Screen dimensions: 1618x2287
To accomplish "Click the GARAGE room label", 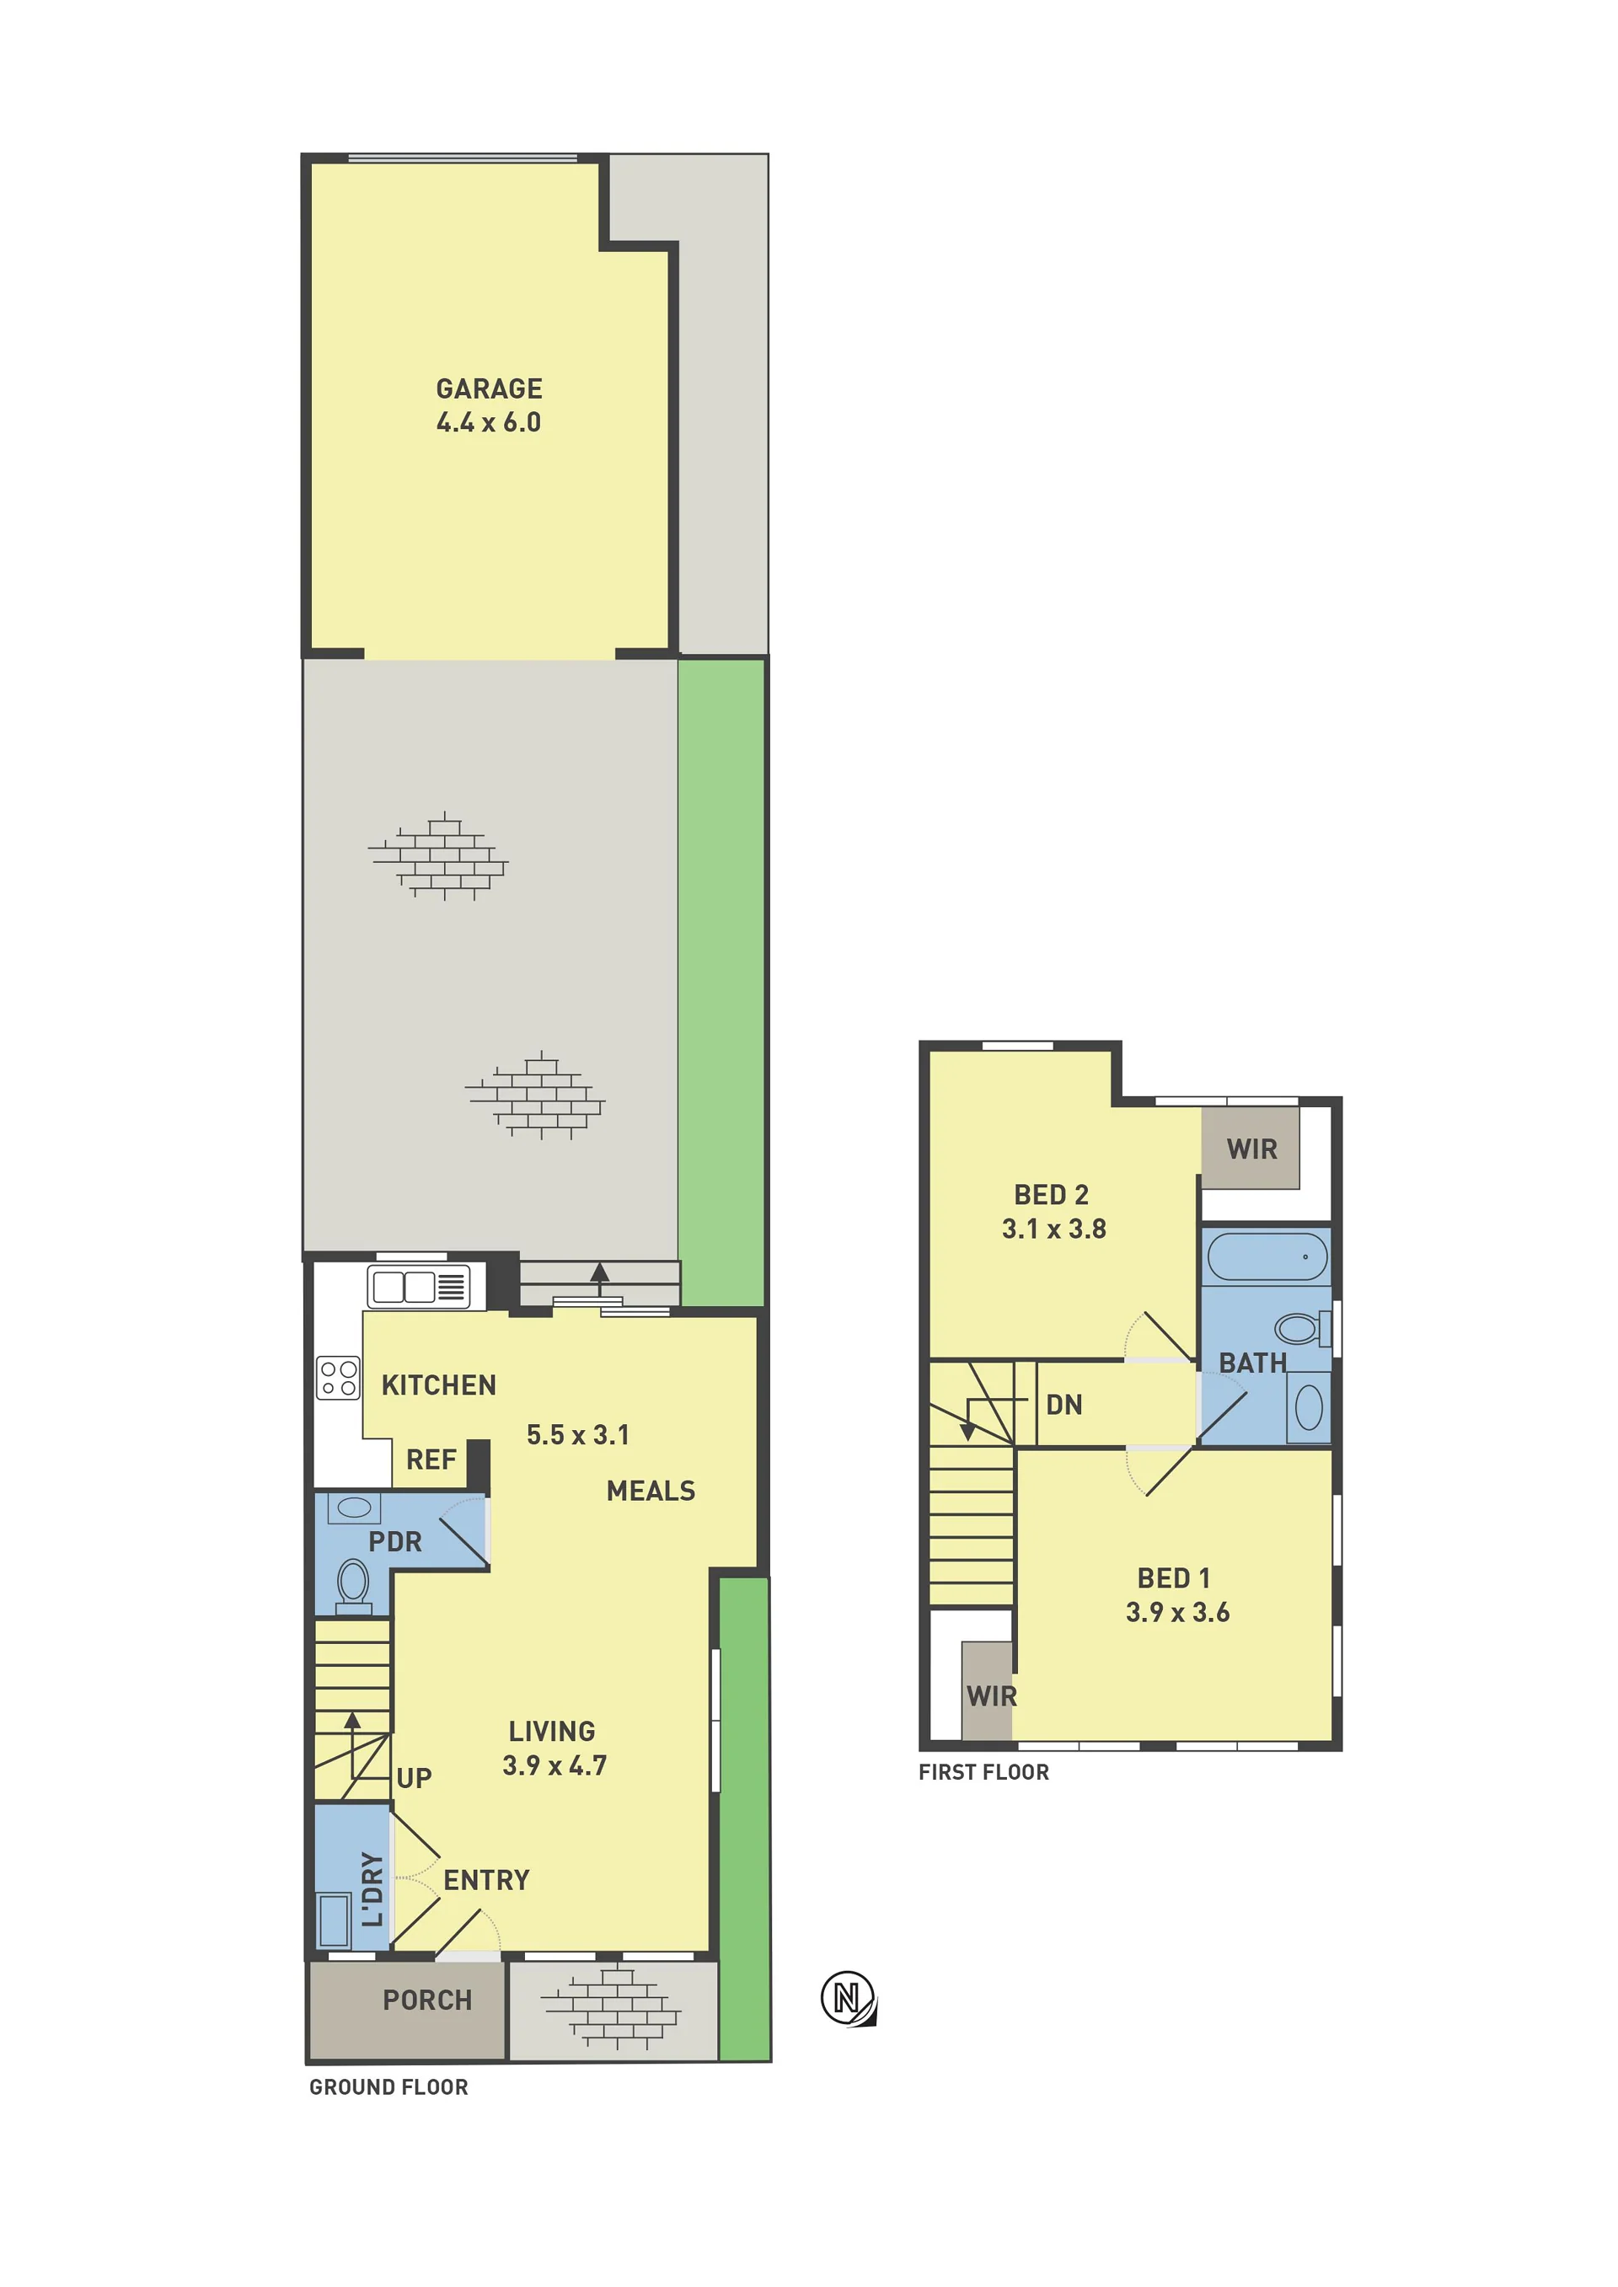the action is coord(489,388).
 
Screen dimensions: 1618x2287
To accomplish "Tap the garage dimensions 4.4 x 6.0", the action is coord(489,422).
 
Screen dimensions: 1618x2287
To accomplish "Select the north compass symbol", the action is coord(848,1998).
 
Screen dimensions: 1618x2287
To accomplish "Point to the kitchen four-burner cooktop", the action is coord(338,1379).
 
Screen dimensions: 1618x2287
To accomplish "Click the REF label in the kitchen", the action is coord(431,1460).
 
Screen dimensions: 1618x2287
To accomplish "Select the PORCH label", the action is coord(427,2000).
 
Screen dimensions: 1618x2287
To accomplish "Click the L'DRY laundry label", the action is coord(372,1889).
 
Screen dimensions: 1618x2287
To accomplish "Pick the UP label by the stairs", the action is coord(415,1778).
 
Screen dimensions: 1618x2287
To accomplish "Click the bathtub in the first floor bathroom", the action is coord(1267,1257).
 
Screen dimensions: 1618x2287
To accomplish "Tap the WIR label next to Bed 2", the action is coord(1251,1149).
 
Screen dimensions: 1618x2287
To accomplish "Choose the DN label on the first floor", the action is coord(1064,1405).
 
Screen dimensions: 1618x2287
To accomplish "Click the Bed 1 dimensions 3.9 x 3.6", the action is coord(1177,1612).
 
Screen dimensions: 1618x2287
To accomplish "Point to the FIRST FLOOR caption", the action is coord(983,1772).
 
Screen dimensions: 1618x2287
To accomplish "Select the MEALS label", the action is coord(651,1492).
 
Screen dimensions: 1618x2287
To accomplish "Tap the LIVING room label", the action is coord(552,1731).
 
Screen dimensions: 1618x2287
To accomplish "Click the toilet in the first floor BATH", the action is coord(1303,1328).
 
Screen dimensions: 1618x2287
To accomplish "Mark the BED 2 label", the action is coord(1051,1194).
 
